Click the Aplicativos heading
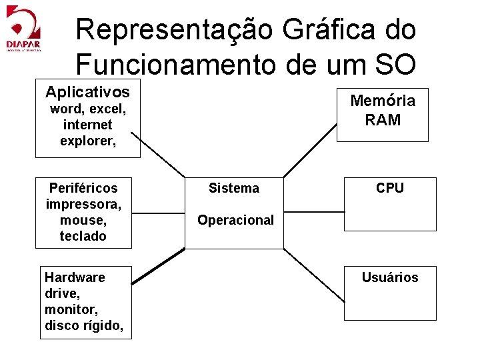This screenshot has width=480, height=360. (87, 91)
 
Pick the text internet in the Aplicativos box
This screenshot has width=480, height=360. (87, 125)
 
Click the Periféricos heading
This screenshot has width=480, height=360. (83, 188)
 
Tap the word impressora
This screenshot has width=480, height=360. (83, 204)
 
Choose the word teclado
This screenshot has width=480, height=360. (83, 236)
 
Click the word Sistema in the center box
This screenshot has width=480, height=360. (233, 189)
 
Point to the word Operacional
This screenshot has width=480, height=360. (235, 220)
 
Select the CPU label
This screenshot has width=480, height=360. (389, 188)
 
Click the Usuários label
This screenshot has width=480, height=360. (390, 277)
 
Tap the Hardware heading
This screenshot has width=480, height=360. (75, 277)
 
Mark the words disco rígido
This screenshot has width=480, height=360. (84, 325)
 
